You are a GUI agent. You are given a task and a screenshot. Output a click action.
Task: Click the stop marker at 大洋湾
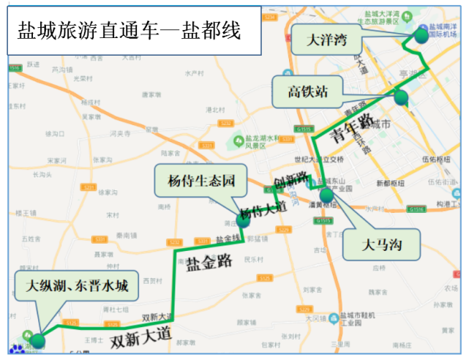[421, 35]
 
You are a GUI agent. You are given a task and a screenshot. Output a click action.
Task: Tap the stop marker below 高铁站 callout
[400, 97]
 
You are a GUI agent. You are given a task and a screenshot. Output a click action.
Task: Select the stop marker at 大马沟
[326, 195]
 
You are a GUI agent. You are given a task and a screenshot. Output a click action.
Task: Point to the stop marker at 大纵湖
[37, 340]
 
